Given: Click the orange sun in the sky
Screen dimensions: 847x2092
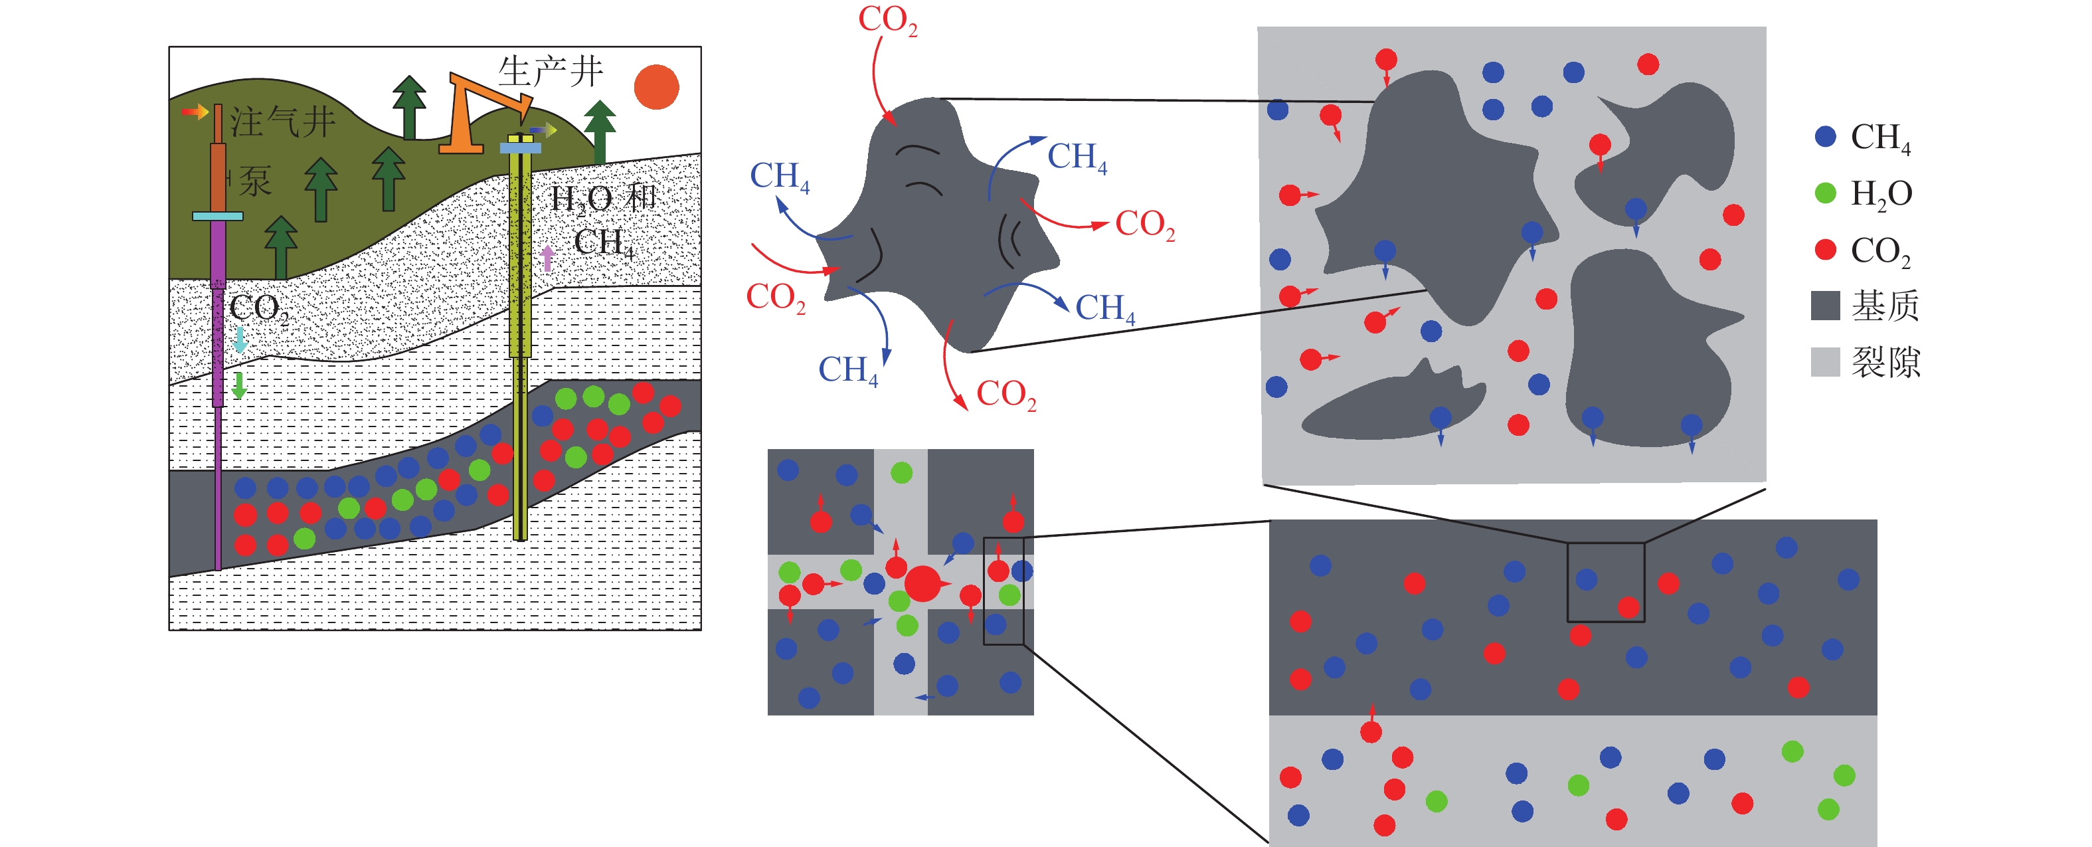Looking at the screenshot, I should click(656, 87).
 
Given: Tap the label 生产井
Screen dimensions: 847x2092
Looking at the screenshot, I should click(550, 72).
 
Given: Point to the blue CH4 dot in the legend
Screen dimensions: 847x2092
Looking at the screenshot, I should click(1825, 136).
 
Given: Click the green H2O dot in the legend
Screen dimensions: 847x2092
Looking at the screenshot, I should click(1825, 193).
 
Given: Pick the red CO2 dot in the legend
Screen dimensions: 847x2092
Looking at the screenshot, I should click(1825, 249).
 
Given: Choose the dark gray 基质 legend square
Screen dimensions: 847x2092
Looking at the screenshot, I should click(1825, 306).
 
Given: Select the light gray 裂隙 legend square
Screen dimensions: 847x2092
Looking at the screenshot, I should click(1825, 361).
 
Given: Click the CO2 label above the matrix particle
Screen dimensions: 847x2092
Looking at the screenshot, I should click(888, 21).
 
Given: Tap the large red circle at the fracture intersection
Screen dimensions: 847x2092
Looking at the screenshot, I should click(922, 583).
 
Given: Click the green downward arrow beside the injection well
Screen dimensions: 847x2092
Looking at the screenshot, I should click(239, 385).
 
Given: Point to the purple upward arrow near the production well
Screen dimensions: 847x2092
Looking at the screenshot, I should click(547, 258).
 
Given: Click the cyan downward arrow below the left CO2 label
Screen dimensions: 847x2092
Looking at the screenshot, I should click(240, 339).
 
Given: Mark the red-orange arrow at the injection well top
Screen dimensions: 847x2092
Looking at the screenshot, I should click(195, 111).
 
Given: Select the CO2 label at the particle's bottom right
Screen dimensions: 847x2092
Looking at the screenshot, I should click(1006, 395).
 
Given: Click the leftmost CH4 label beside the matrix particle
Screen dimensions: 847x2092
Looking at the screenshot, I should click(779, 176).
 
